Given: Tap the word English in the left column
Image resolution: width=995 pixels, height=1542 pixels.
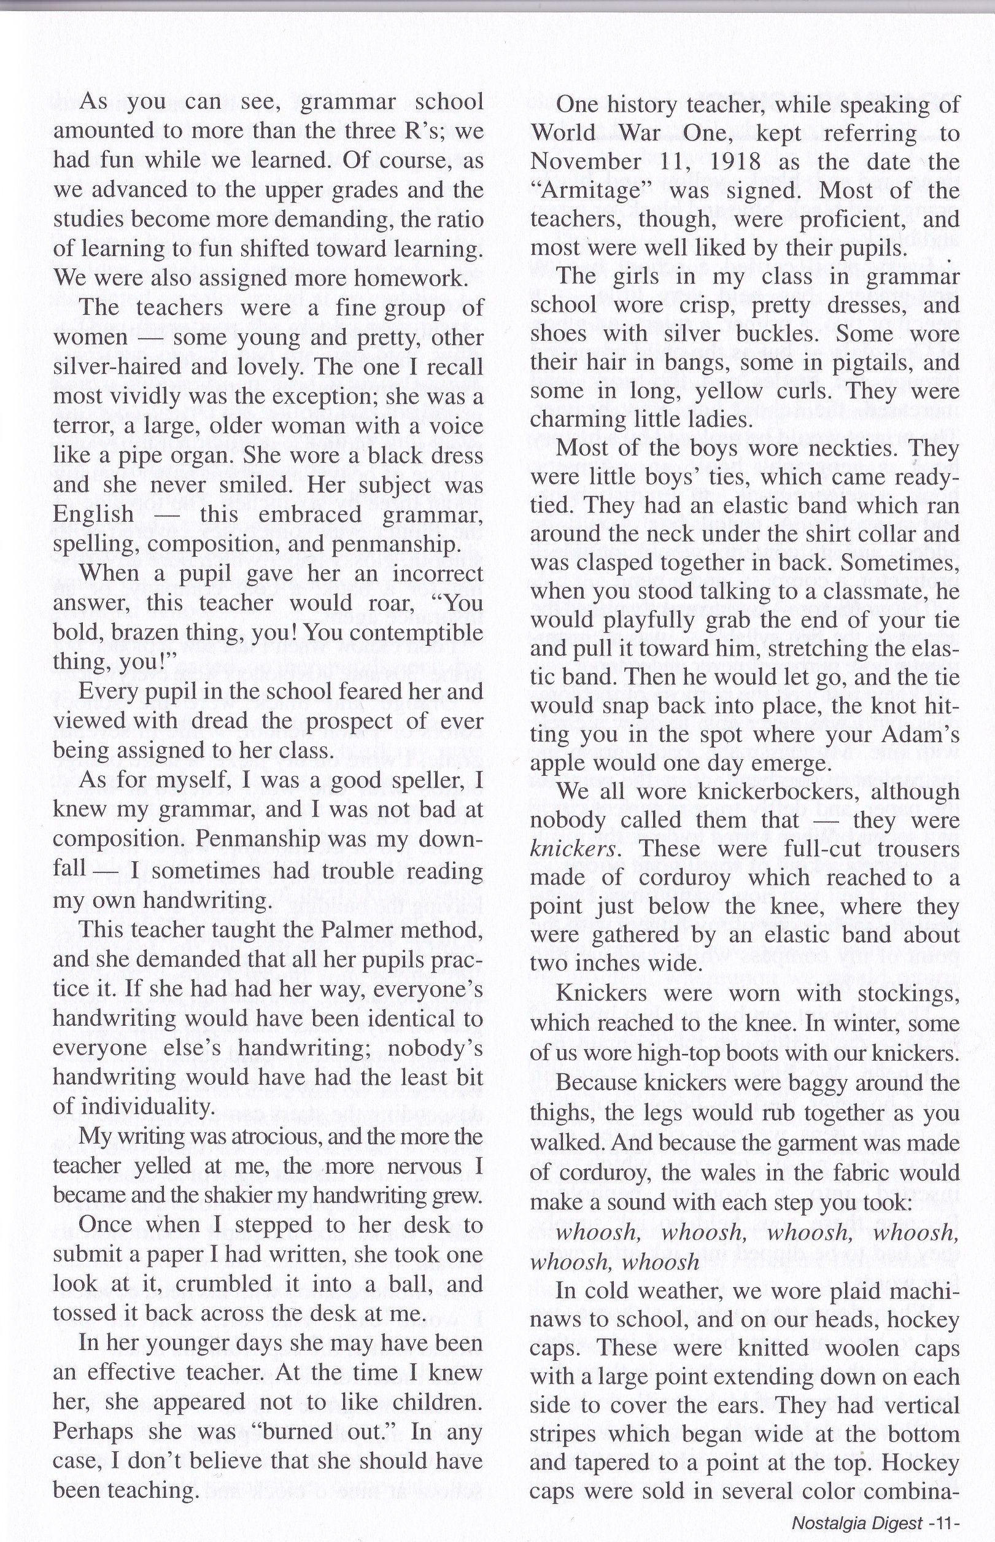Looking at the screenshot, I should [93, 515].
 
